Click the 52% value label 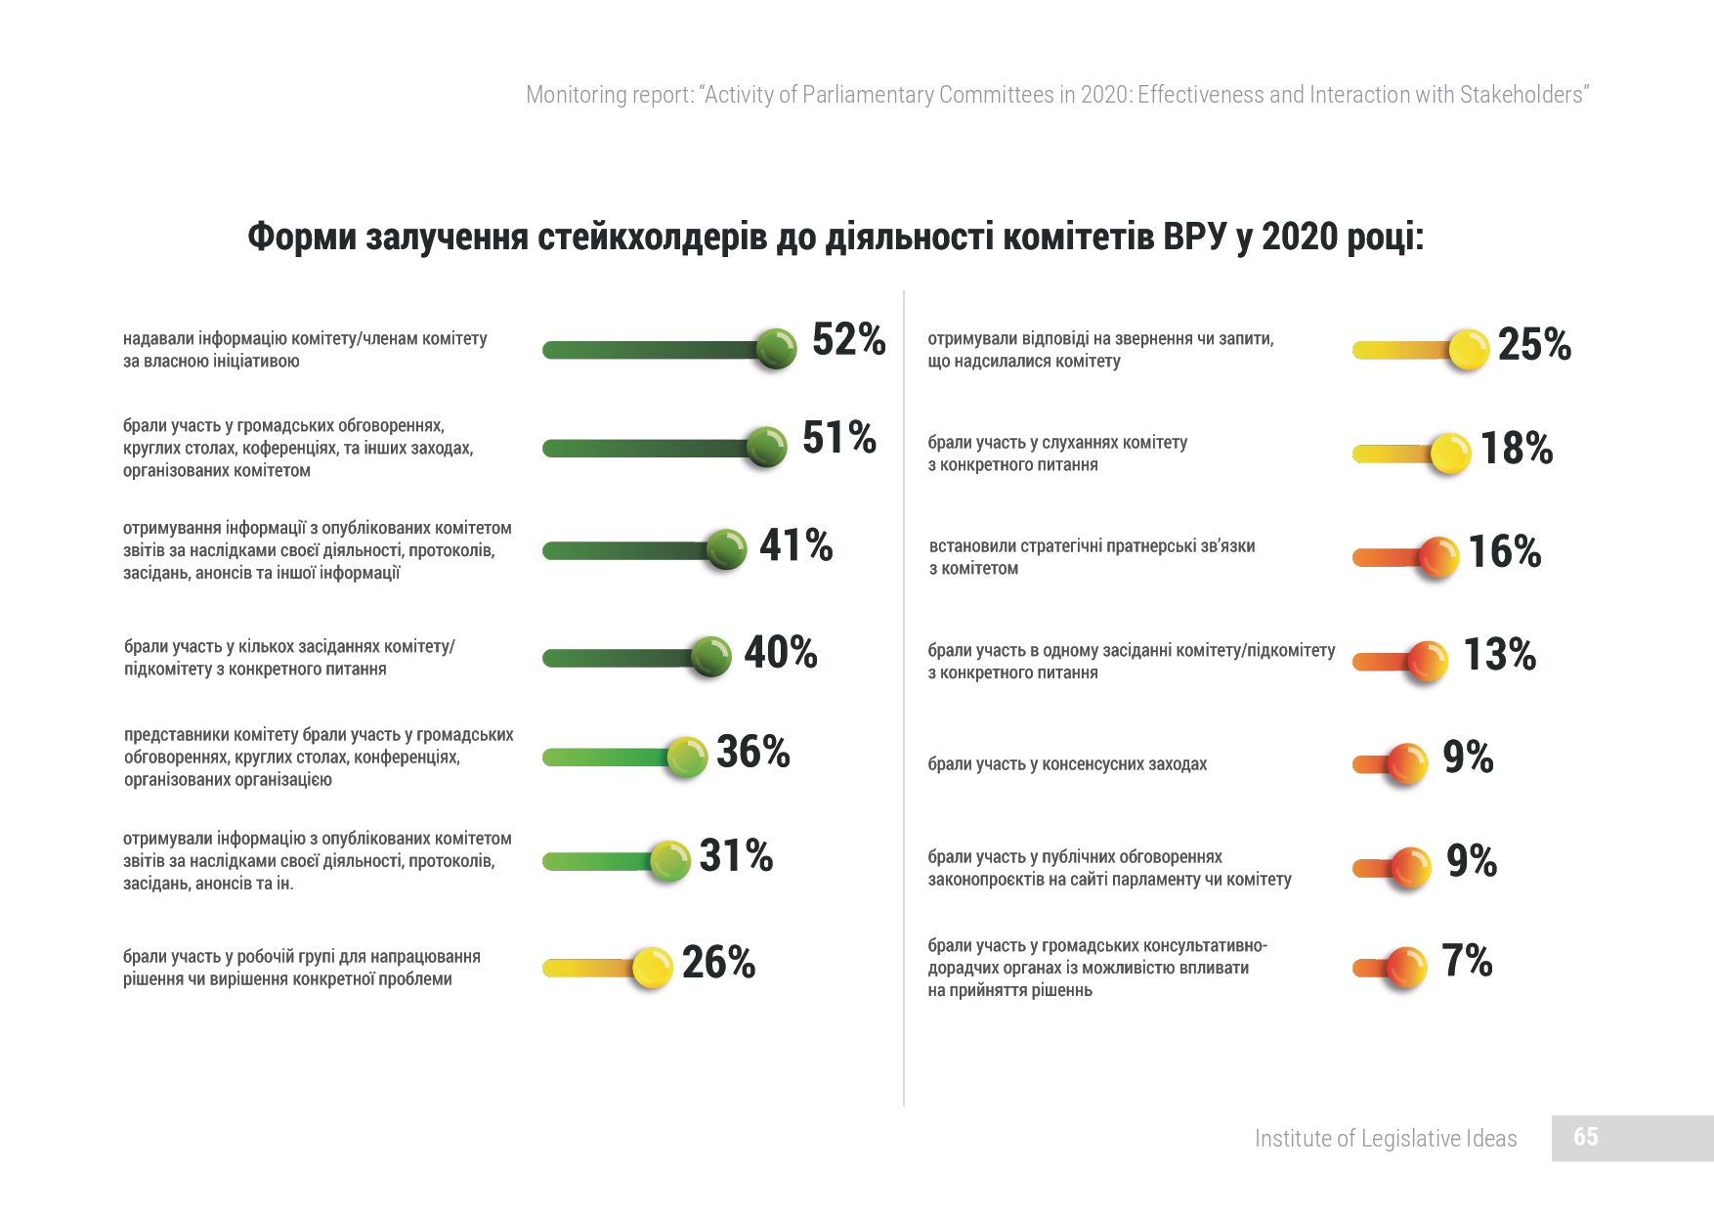(848, 340)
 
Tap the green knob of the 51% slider (766, 448)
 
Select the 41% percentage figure (795, 545)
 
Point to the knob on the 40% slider (710, 657)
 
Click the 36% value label (752, 752)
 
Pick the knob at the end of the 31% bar (669, 861)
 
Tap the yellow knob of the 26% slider (652, 969)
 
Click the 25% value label (1534, 345)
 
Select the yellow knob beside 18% (1450, 454)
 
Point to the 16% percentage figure (1505, 552)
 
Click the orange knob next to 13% (1427, 662)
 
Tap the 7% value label (1467, 961)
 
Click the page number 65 (1585, 1137)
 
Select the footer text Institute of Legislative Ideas (1385, 1139)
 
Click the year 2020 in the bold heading (1301, 237)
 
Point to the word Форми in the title (301, 237)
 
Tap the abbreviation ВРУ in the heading (1194, 237)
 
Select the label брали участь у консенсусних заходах (1067, 764)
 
